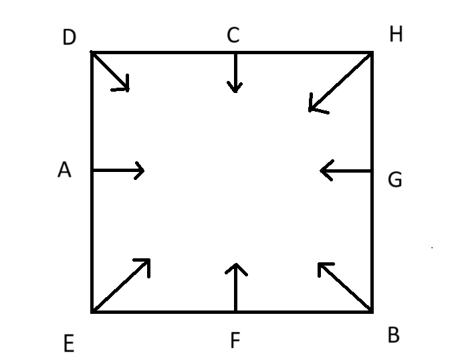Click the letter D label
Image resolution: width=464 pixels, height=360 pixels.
coord(70,37)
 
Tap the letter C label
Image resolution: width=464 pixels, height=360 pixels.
coord(233,35)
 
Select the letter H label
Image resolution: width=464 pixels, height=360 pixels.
coord(396,33)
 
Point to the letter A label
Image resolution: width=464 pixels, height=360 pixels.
coord(64,169)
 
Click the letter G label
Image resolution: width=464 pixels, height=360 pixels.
coord(394,179)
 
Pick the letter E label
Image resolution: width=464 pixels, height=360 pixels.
coord(69,343)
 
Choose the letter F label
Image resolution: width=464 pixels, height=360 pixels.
coord(235,340)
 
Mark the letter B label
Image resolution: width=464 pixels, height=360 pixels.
coord(394,335)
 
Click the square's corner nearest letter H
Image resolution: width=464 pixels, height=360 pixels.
coord(372,52)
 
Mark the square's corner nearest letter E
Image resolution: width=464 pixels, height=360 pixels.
coord(92,312)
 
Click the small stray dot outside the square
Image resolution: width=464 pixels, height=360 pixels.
coord(432,248)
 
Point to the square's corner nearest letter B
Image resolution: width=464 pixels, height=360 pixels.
coord(372,312)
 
